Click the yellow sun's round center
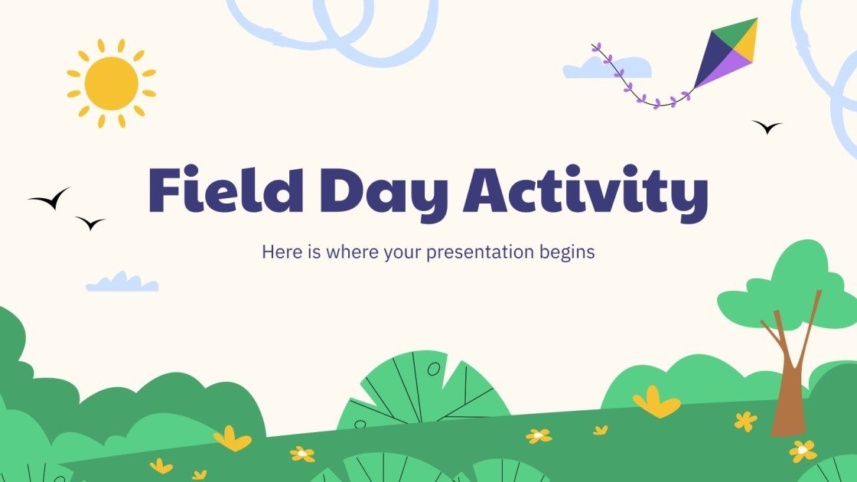click(x=111, y=83)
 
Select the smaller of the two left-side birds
click(x=90, y=223)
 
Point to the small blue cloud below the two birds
click(x=122, y=283)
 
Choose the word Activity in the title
click(x=585, y=193)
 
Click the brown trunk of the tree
click(x=787, y=398)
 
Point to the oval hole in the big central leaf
click(x=434, y=370)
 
